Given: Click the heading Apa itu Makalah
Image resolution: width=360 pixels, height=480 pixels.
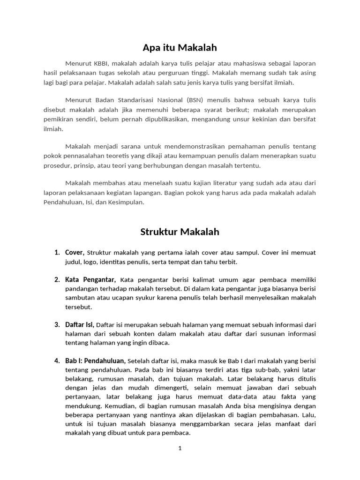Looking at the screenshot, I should (x=180, y=47).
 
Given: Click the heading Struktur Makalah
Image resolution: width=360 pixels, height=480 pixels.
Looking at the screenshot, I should (x=180, y=232).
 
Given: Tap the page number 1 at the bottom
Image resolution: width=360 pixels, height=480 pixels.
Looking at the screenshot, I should (x=180, y=448).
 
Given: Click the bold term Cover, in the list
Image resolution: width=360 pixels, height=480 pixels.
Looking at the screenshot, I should (x=75, y=253).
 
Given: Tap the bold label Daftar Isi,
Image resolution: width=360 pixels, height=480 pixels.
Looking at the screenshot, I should (x=80, y=324).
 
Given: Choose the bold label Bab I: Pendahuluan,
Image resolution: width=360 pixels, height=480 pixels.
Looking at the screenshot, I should (x=96, y=361).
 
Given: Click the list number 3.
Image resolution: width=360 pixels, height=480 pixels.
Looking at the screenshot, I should (x=57, y=324).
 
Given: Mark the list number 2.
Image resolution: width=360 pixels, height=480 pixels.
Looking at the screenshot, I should (x=57, y=280).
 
